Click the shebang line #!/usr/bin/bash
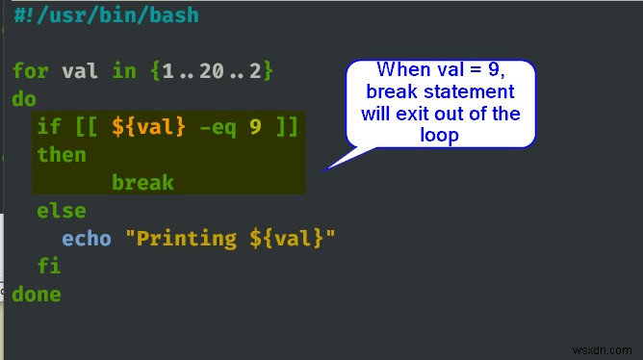point(106,15)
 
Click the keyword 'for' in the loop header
point(31,71)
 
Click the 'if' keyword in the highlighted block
point(49,127)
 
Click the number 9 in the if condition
point(255,127)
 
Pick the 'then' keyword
point(62,155)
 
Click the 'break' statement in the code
point(142,182)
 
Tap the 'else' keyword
point(62,210)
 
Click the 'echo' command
point(87,238)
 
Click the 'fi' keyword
point(49,266)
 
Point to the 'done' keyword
point(37,294)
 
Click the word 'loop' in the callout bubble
point(440,136)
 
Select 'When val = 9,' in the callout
point(439,69)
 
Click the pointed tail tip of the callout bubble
point(325,169)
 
